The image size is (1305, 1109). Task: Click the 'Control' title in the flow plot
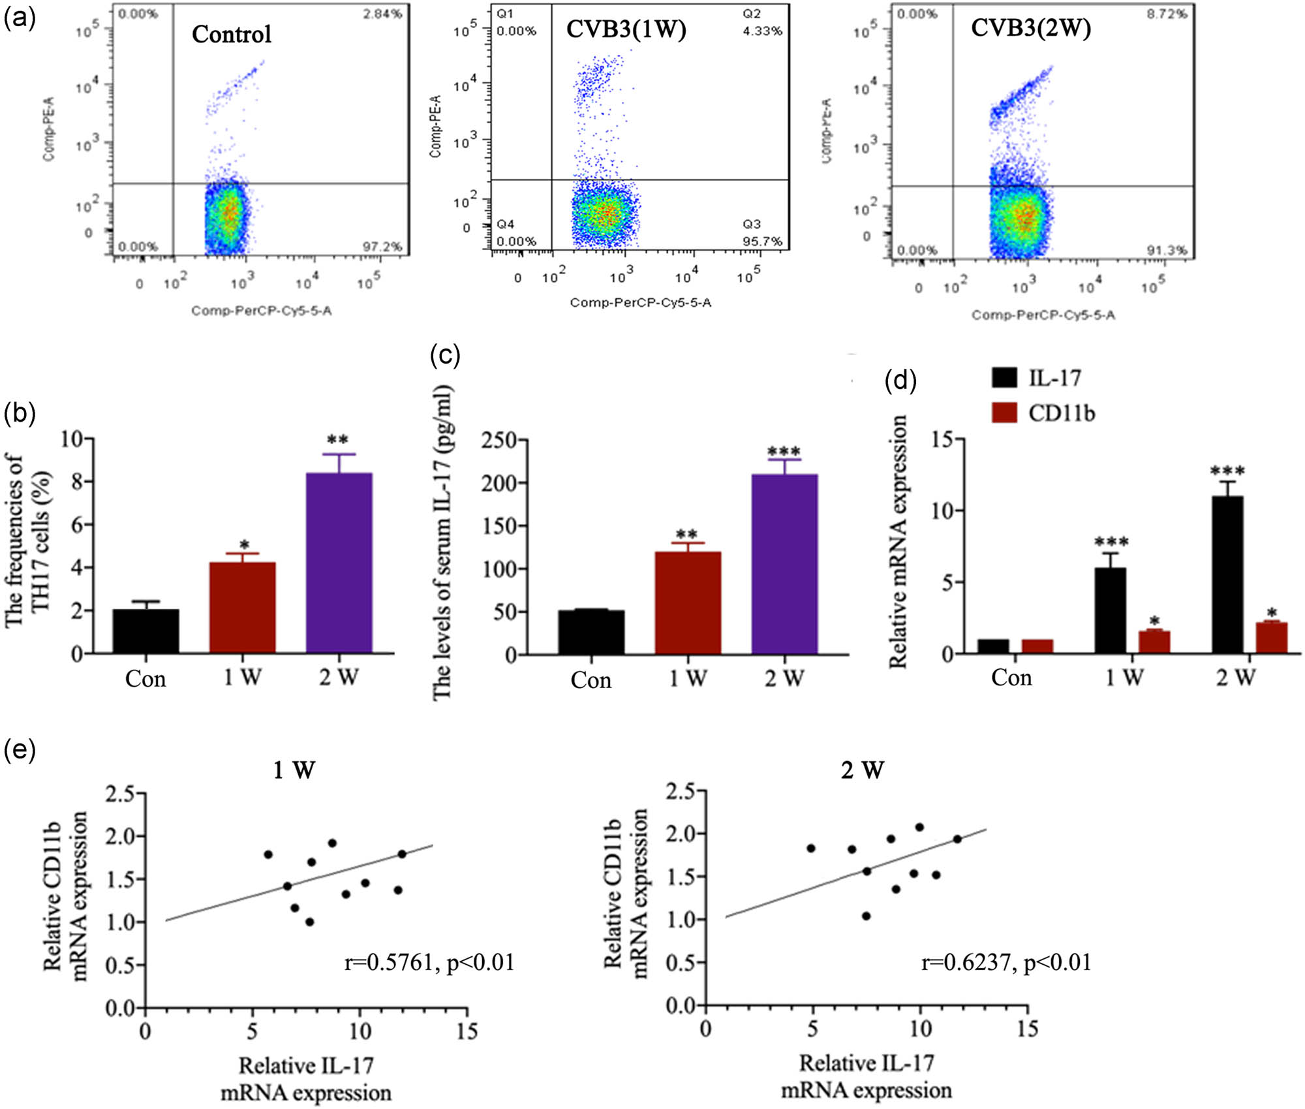(x=232, y=34)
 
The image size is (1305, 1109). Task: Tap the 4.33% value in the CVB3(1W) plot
(x=762, y=31)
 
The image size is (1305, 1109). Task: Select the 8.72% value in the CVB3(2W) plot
(x=1167, y=14)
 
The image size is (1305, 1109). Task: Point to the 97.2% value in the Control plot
(x=382, y=246)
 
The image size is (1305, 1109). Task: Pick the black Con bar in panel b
(x=146, y=631)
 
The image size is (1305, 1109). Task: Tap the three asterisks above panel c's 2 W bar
(x=784, y=452)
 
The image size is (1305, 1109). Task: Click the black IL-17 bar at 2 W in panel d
(x=1227, y=574)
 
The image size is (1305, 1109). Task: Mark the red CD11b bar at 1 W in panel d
(x=1154, y=642)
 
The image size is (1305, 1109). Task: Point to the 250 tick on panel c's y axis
(x=499, y=441)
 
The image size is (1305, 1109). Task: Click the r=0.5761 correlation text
(x=429, y=962)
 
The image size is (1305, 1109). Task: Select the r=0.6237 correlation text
(x=1006, y=962)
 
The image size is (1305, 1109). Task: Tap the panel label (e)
(x=20, y=749)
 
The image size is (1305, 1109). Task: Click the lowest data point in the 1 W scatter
(x=309, y=922)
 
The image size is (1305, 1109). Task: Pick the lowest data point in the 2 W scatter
(x=866, y=916)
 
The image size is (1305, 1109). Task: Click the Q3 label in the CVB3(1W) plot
(x=751, y=224)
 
